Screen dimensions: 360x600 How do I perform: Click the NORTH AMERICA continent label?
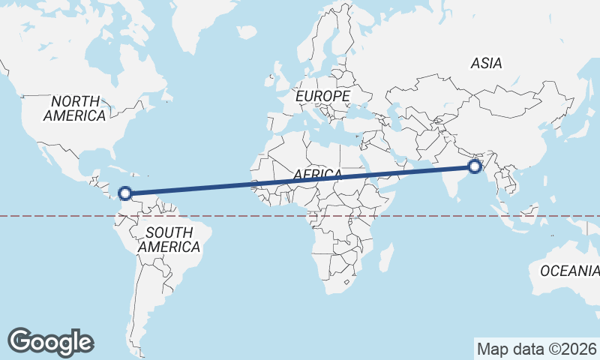tap(75, 108)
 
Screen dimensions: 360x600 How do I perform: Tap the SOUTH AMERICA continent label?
tap(169, 239)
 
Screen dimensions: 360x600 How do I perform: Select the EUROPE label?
tap(322, 97)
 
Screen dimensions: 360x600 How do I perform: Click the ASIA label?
tap(486, 64)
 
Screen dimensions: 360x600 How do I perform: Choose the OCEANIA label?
tap(570, 271)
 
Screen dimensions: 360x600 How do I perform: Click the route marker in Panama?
tap(126, 194)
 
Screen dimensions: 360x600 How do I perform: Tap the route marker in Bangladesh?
tap(474, 166)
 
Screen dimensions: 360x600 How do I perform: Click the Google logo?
tap(50, 341)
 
